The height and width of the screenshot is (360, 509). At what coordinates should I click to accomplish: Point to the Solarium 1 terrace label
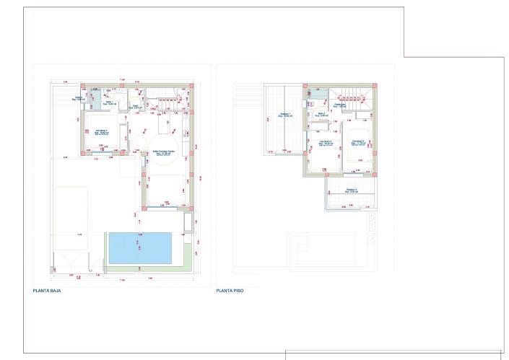pyautogui.click(x=285, y=114)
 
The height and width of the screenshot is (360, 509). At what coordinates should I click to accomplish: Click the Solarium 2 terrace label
pyautogui.click(x=352, y=191)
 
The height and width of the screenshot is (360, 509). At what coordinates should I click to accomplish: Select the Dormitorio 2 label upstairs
pyautogui.click(x=326, y=142)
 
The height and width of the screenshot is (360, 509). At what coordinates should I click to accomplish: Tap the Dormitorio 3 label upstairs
pyautogui.click(x=357, y=142)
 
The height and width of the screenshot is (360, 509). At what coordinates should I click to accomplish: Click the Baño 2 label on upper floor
pyautogui.click(x=321, y=114)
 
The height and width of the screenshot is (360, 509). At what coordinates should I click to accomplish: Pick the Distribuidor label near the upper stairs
pyautogui.click(x=340, y=105)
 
